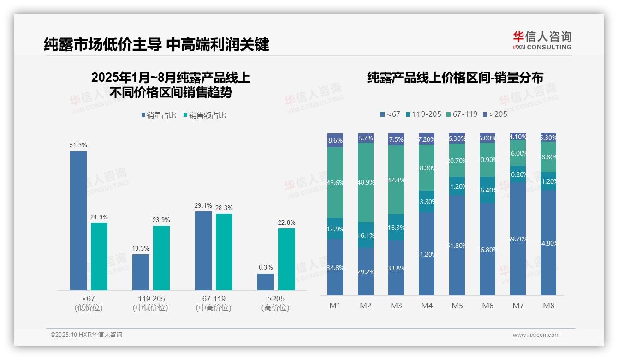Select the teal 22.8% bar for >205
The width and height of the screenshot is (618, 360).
pyautogui.click(x=286, y=259)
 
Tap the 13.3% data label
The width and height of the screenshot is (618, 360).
pyautogui.click(x=141, y=248)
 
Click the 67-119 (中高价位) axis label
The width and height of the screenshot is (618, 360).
pyautogui.click(x=214, y=303)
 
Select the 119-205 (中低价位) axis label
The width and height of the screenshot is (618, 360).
pyautogui.click(x=151, y=303)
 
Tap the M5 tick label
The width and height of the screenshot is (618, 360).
pyautogui.click(x=457, y=306)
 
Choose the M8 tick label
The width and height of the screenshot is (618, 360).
pyautogui.click(x=548, y=306)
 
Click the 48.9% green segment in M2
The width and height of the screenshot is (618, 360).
pyautogui.click(x=366, y=182)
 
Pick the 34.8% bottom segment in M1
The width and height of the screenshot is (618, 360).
pyautogui.click(x=335, y=267)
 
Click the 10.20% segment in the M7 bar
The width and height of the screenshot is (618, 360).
pyautogui.click(x=518, y=174)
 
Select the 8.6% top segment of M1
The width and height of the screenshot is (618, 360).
pyautogui.click(x=335, y=140)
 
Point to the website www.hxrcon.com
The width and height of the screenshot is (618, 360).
pyautogui.click(x=536, y=335)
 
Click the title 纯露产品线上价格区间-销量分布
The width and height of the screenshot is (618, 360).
pyautogui.click(x=455, y=78)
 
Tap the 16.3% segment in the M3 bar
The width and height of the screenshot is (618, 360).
pyautogui.click(x=396, y=228)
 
